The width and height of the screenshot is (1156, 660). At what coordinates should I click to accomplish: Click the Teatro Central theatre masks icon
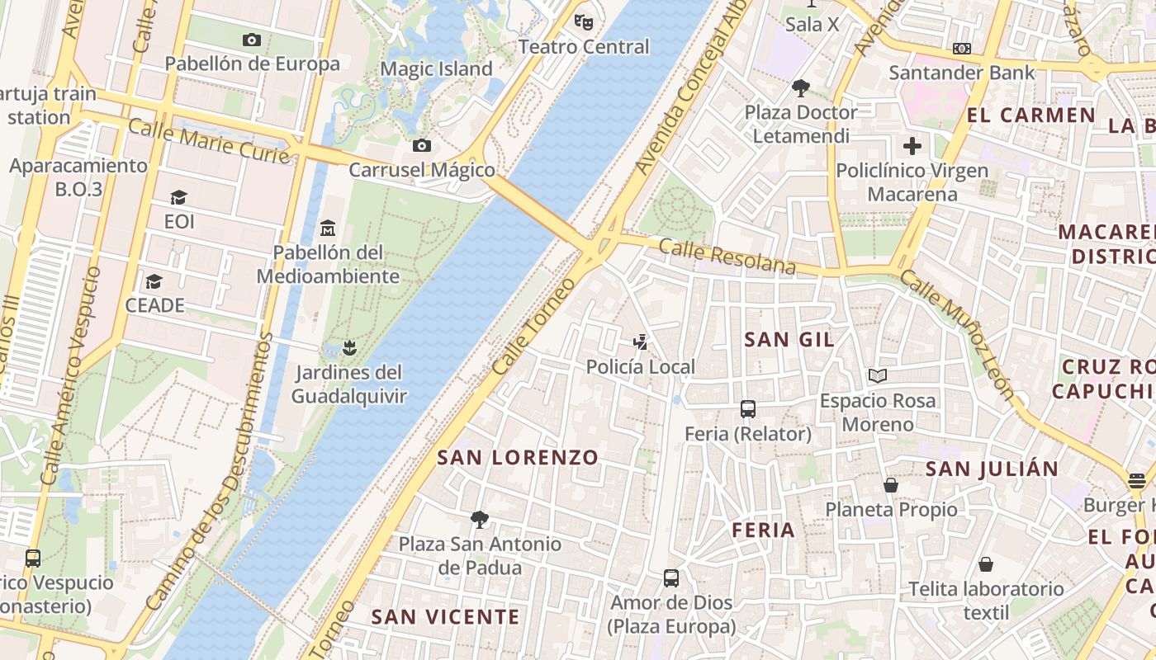(584, 22)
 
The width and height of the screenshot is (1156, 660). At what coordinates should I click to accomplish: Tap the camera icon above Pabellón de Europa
(252, 40)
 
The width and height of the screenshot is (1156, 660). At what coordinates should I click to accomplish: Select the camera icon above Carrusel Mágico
(422, 146)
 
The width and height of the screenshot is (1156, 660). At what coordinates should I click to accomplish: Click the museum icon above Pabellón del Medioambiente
(328, 227)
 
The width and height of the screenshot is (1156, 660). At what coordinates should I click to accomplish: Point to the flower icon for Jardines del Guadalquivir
(349, 347)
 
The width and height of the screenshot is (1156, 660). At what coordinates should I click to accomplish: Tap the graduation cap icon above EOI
(178, 197)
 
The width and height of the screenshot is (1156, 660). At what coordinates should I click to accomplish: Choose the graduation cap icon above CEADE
(154, 281)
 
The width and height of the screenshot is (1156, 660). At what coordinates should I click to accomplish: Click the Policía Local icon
(640, 342)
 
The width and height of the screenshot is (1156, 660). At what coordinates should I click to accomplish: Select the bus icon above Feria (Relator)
(748, 408)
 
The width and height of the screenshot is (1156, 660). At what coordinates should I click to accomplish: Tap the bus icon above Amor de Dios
(671, 577)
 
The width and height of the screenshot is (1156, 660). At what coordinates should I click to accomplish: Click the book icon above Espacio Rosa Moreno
(877, 376)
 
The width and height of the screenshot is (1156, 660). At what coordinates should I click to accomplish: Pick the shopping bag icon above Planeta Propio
(891, 485)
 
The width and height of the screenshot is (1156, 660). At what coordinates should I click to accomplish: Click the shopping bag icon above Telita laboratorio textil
(985, 564)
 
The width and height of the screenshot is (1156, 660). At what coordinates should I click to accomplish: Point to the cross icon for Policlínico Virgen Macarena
(912, 147)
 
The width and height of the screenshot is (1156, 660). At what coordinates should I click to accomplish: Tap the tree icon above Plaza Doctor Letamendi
(800, 87)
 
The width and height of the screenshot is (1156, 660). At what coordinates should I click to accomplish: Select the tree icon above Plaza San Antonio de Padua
(479, 519)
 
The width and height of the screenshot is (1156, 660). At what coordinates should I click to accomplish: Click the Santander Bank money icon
(961, 49)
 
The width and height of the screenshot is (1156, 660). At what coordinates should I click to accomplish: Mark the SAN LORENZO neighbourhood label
(518, 458)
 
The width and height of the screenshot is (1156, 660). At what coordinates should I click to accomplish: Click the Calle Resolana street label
(727, 257)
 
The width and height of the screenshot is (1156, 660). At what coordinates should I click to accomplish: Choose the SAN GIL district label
(789, 339)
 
